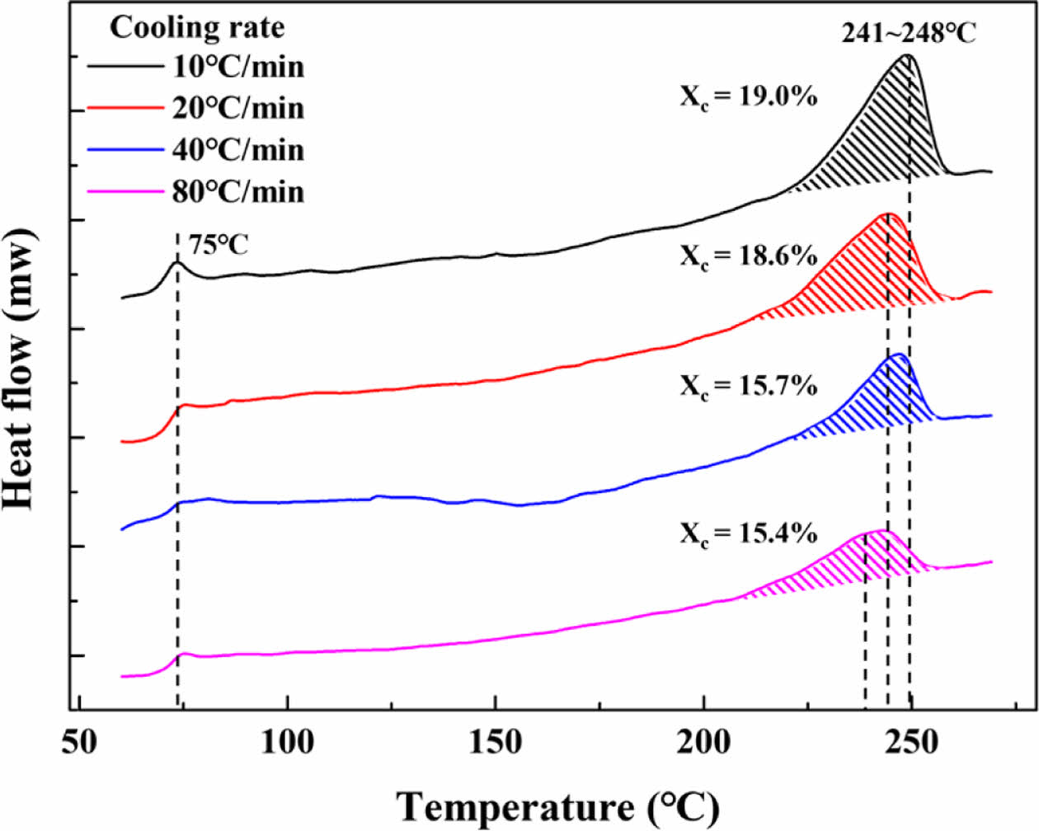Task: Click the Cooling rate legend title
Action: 197,27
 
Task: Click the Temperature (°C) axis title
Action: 558,806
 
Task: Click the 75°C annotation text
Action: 219,245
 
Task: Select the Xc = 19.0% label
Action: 748,96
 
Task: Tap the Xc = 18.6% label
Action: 748,256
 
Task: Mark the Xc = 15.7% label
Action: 748,385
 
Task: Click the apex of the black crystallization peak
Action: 907,55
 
